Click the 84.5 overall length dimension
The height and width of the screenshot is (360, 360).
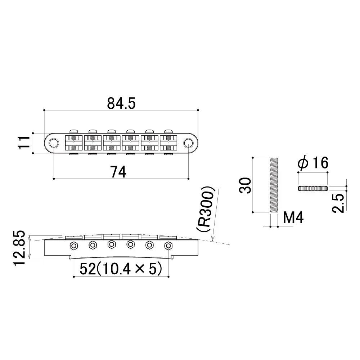click(121, 104)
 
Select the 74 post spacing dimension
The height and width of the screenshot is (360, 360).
click(118, 172)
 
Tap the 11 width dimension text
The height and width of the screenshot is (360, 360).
click(24, 143)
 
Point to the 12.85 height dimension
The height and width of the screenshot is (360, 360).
click(21, 248)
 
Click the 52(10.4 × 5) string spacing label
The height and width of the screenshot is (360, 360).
click(120, 269)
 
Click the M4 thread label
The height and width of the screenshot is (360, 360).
click(293, 218)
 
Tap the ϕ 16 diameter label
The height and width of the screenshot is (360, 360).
click(313, 164)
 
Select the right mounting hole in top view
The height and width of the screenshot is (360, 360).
click(188, 143)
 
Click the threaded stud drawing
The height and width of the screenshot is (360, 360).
click(274, 185)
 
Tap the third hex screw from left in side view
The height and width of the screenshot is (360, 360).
click(112, 245)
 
